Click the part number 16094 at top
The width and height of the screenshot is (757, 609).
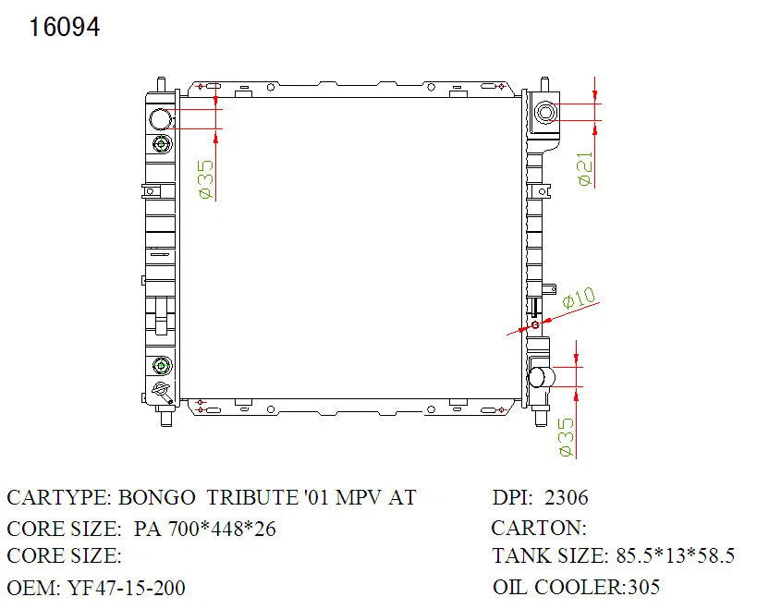[65, 27]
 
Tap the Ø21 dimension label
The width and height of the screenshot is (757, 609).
[585, 168]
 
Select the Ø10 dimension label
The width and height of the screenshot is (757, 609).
[580, 298]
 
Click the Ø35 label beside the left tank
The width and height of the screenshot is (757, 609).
[206, 179]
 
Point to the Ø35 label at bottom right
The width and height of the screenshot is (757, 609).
[567, 437]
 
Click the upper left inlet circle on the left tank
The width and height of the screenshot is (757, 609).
[160, 119]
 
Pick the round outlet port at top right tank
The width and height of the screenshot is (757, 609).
[545, 113]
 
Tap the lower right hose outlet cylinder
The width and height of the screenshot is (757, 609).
[542, 377]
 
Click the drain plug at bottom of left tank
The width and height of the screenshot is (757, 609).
[162, 391]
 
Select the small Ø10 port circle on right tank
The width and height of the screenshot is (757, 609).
[535, 324]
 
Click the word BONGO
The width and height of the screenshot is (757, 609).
[156, 497]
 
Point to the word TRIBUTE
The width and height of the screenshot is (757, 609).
[252, 497]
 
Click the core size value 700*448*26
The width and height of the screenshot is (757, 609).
[222, 529]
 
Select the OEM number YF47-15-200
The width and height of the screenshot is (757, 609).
[127, 588]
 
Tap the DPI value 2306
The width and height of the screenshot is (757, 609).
[567, 497]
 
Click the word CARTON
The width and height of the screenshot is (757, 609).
[538, 528]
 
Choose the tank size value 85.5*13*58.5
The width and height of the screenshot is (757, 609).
[676, 556]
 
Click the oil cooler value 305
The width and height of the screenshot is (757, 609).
[643, 588]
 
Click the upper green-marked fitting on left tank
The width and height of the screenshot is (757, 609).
[162, 144]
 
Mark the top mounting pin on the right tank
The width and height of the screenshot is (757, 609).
[544, 84]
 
